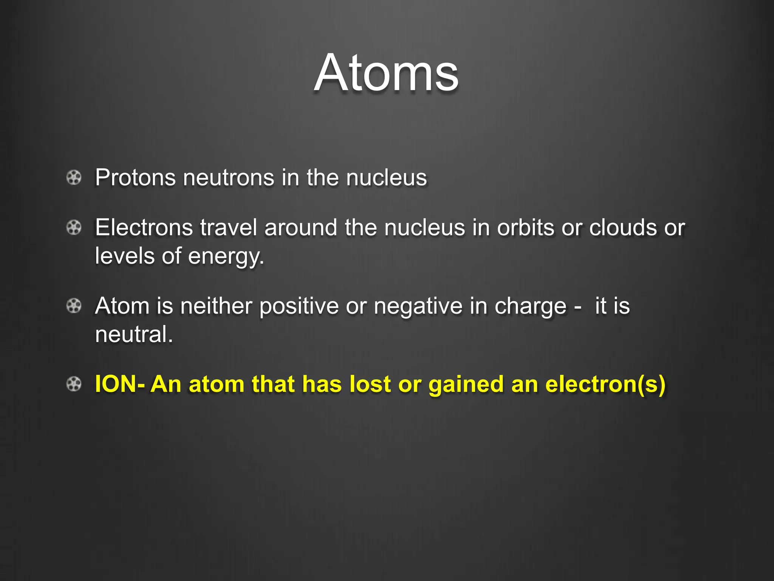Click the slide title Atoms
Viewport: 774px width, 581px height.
pyautogui.click(x=386, y=73)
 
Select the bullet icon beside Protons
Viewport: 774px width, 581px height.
pyautogui.click(x=74, y=177)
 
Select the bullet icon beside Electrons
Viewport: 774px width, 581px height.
pyautogui.click(x=74, y=228)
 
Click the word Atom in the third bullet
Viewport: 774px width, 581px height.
pyautogui.click(x=122, y=306)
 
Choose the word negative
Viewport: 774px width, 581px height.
pyautogui.click(x=418, y=306)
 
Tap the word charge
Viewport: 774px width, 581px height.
pyautogui.click(x=530, y=306)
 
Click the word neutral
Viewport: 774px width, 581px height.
pyautogui.click(x=133, y=334)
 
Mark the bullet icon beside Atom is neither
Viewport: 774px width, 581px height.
pyautogui.click(x=74, y=306)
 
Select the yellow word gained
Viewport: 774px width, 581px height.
pyautogui.click(x=466, y=385)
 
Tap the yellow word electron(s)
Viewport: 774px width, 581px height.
pyautogui.click(x=605, y=384)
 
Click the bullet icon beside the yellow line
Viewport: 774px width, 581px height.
pyautogui.click(x=74, y=384)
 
